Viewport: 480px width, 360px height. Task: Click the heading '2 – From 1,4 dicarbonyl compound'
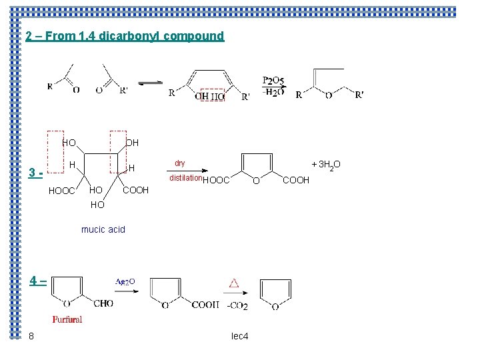125,36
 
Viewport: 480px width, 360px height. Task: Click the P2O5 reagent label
273,81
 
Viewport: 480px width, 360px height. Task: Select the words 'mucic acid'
103,229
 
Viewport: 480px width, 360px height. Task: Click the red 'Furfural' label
67,319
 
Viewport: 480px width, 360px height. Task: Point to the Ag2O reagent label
125,281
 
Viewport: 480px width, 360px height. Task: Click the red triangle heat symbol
234,283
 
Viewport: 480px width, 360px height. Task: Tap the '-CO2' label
237,307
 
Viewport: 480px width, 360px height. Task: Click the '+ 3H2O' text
326,165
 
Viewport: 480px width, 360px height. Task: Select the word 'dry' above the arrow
180,163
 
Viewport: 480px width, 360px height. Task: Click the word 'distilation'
185,178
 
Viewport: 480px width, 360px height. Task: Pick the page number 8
31,336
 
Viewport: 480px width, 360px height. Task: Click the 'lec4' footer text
239,336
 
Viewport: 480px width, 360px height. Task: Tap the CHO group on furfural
103,304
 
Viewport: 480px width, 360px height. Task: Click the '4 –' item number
37,281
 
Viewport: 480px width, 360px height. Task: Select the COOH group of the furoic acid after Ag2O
205,305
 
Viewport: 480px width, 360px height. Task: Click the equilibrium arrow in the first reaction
149,83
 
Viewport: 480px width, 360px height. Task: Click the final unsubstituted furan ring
274,293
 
